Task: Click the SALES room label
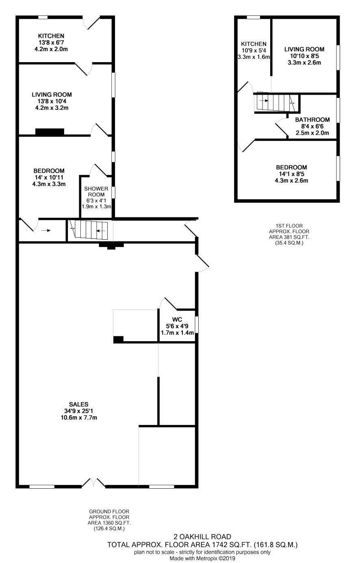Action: [x=79, y=404]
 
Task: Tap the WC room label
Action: [x=177, y=320]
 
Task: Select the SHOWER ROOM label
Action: [x=96, y=191]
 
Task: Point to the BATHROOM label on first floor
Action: [x=312, y=120]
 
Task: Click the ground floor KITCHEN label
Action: [x=51, y=36]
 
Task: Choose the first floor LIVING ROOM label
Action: [x=304, y=49]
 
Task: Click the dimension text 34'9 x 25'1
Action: [x=79, y=411]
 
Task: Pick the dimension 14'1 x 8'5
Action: [x=291, y=174]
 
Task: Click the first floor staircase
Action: [x=276, y=102]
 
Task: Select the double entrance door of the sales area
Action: [x=93, y=483]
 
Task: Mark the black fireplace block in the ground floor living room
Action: [x=50, y=132]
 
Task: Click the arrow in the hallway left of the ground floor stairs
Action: [x=48, y=230]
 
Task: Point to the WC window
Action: [x=197, y=325]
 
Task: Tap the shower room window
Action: [x=113, y=192]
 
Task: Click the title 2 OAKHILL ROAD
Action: [x=202, y=537]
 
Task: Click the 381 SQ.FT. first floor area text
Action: [x=298, y=237]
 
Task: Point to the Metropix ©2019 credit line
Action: [x=202, y=559]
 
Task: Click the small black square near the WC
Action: [x=118, y=339]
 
